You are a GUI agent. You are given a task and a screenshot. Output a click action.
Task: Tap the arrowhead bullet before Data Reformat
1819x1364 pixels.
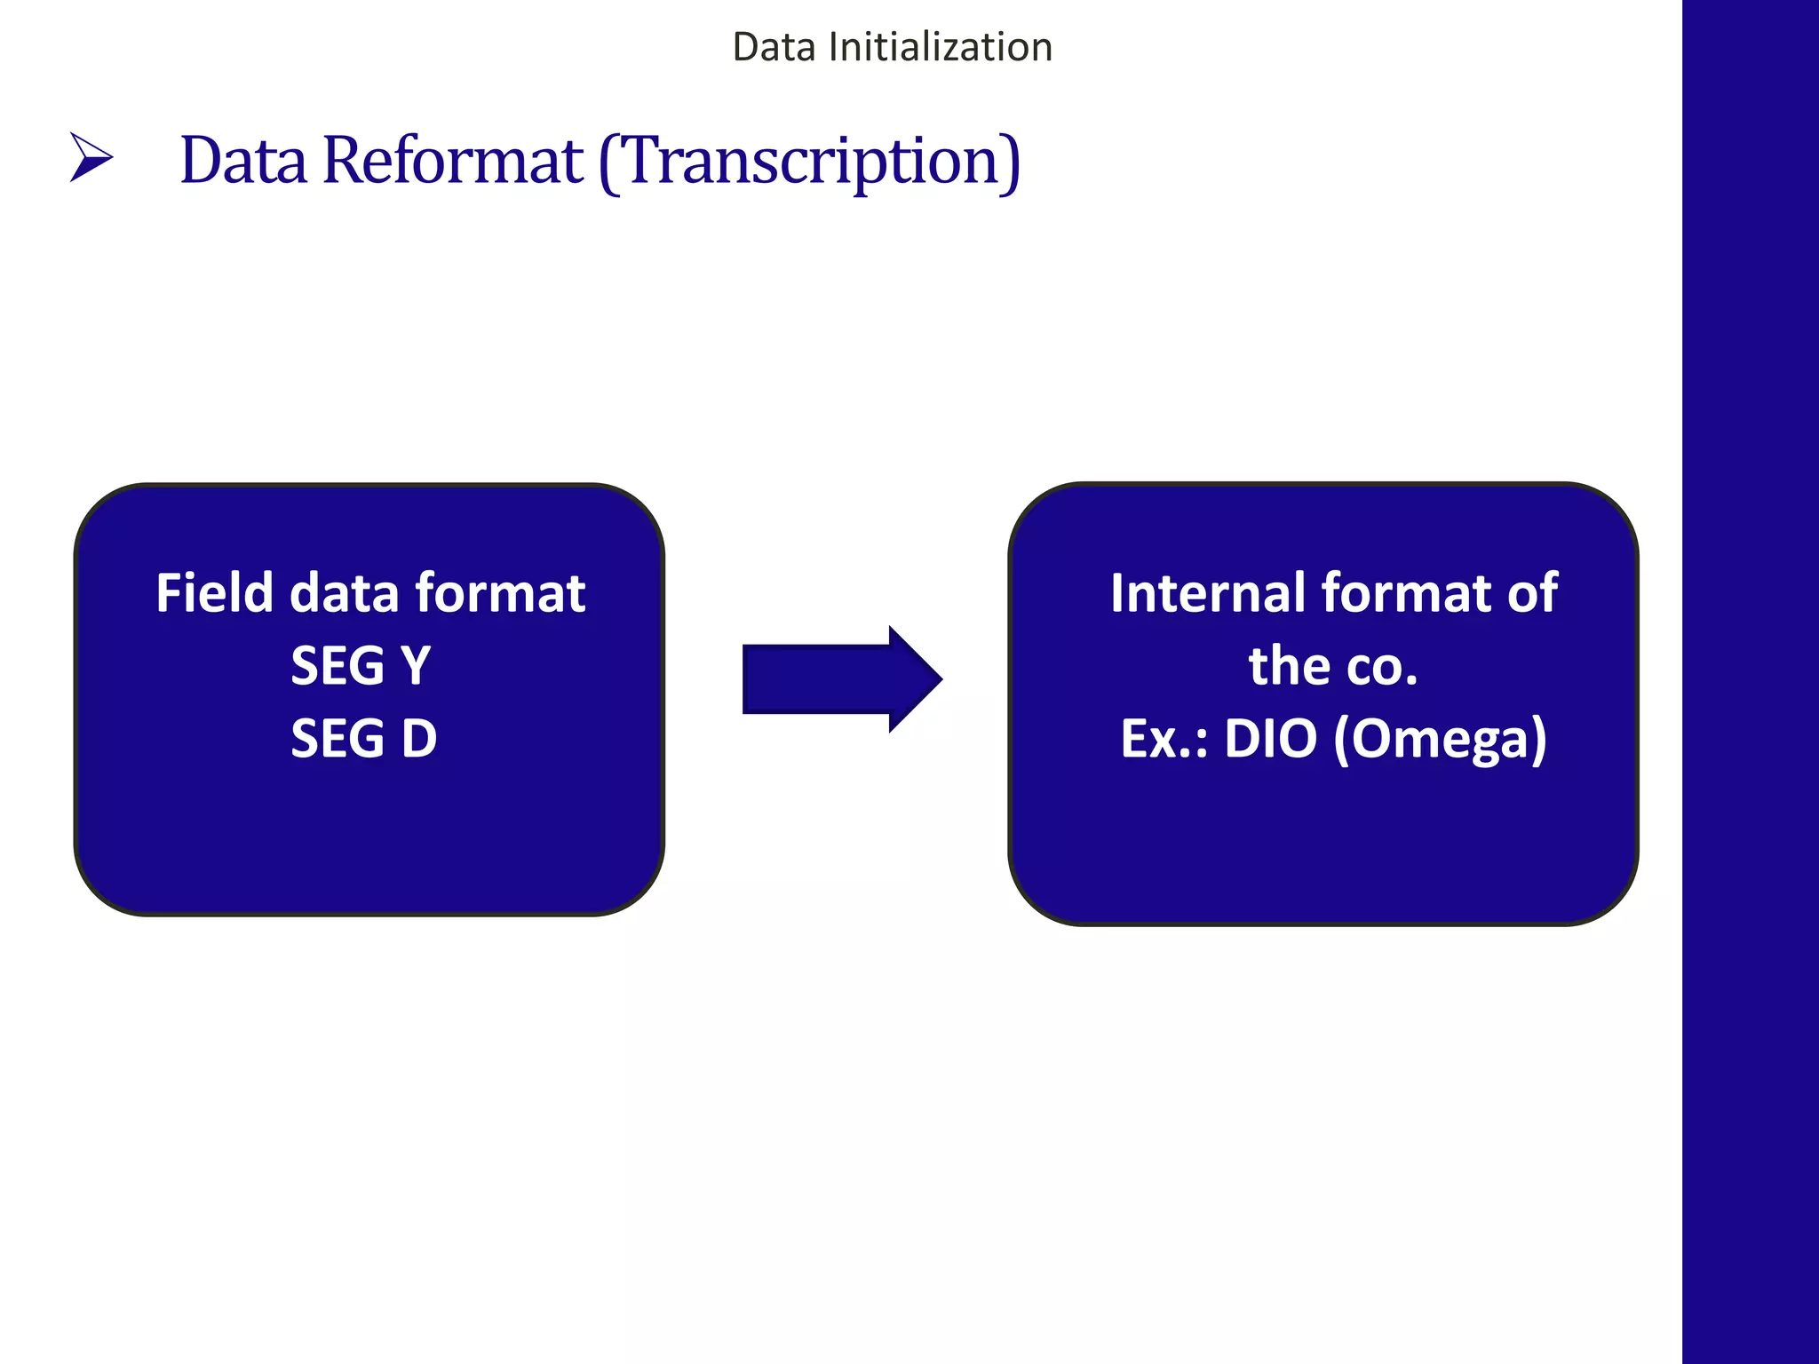91,158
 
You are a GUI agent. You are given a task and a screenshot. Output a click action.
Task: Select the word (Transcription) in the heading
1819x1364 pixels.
809,163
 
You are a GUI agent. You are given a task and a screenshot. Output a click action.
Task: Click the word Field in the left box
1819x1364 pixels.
213,592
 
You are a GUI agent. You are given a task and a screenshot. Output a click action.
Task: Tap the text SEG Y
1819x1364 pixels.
361,665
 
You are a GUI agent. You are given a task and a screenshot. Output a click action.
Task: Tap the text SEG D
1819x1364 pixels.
364,738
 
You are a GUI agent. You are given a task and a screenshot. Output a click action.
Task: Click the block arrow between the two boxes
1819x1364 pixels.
840,679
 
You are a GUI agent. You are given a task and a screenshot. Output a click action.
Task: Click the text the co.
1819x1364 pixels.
1332,666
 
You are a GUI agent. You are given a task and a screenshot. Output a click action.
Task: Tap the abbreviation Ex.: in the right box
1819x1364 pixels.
1164,738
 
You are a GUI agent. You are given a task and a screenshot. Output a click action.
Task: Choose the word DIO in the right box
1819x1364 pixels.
1270,738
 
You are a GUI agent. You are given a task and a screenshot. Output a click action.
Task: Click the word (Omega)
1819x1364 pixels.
1440,740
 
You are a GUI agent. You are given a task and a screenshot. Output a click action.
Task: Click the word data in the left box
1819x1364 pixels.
345,592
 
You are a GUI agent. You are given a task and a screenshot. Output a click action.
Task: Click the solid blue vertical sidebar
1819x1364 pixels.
1750,682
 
